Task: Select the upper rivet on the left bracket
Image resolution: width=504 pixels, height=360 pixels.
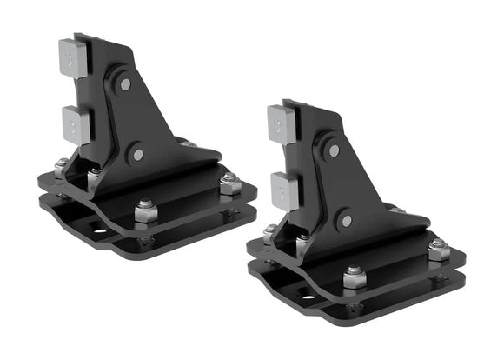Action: click(x=126, y=84)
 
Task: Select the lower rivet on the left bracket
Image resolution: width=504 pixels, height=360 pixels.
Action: click(x=136, y=157)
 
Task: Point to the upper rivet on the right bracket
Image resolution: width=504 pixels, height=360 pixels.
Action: click(x=335, y=150)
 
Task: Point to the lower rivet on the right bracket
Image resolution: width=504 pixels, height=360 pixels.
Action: click(x=346, y=222)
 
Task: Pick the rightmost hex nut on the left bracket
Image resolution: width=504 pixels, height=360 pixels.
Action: click(x=229, y=183)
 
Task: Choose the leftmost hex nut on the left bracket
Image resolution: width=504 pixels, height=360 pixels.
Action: click(x=61, y=167)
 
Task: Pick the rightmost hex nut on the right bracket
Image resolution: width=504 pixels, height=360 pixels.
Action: click(x=438, y=250)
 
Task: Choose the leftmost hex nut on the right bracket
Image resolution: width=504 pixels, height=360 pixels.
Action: click(x=270, y=232)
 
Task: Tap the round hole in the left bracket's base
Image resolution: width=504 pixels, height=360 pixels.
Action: click(x=98, y=232)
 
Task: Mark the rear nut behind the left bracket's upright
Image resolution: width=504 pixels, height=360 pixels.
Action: click(x=187, y=142)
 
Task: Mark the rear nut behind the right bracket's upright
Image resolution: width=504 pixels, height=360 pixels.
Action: click(x=396, y=209)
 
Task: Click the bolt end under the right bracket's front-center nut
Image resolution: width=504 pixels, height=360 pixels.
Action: click(x=353, y=306)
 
